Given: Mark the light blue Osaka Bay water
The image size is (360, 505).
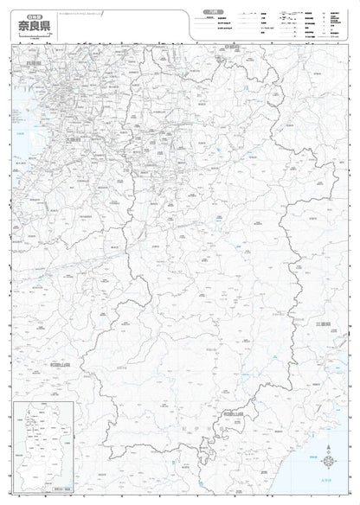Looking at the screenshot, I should click(19, 138).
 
